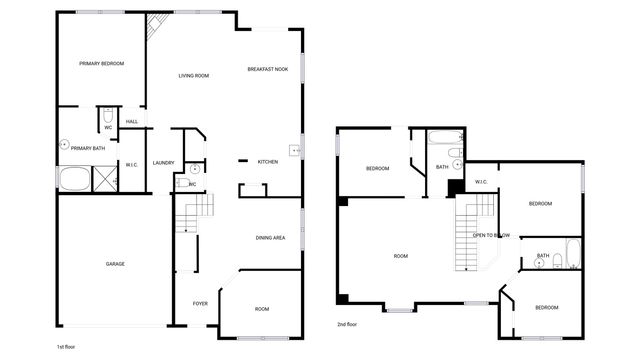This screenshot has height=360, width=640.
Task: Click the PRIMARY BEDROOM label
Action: [102, 63]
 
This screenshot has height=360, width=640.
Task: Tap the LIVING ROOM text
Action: [193, 76]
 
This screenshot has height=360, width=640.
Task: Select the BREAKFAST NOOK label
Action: [268, 69]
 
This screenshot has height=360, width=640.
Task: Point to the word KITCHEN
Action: [268, 162]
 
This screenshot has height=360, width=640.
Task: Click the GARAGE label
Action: [115, 264]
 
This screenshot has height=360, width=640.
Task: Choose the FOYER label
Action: [200, 303]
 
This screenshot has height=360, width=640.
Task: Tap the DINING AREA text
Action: [271, 238]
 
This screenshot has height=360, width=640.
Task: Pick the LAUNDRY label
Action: [164, 163]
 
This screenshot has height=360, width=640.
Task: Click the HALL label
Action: [132, 122]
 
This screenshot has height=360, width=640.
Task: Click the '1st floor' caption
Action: [66, 346]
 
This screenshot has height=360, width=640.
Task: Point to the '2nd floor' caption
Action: [347, 324]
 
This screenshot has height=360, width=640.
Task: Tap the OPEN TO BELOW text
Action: [492, 235]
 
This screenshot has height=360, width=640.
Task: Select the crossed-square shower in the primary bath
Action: [104, 180]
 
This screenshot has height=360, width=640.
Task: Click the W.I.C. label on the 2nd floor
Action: [481, 182]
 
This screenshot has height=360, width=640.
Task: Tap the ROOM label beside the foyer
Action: [261, 309]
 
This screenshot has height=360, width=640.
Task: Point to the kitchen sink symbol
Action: [295, 151]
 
